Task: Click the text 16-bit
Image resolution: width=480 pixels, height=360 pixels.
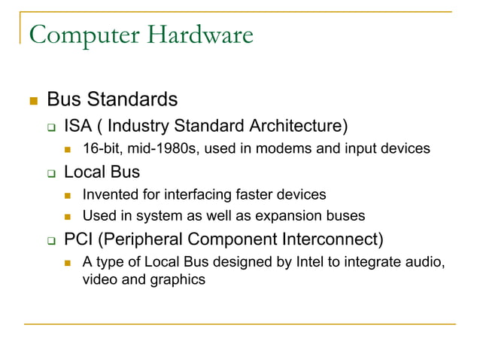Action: click(99, 149)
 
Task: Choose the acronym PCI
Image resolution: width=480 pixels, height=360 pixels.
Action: click(77, 240)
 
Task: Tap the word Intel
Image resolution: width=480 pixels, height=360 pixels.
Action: click(297, 263)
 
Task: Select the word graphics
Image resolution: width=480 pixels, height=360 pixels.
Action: click(177, 280)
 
